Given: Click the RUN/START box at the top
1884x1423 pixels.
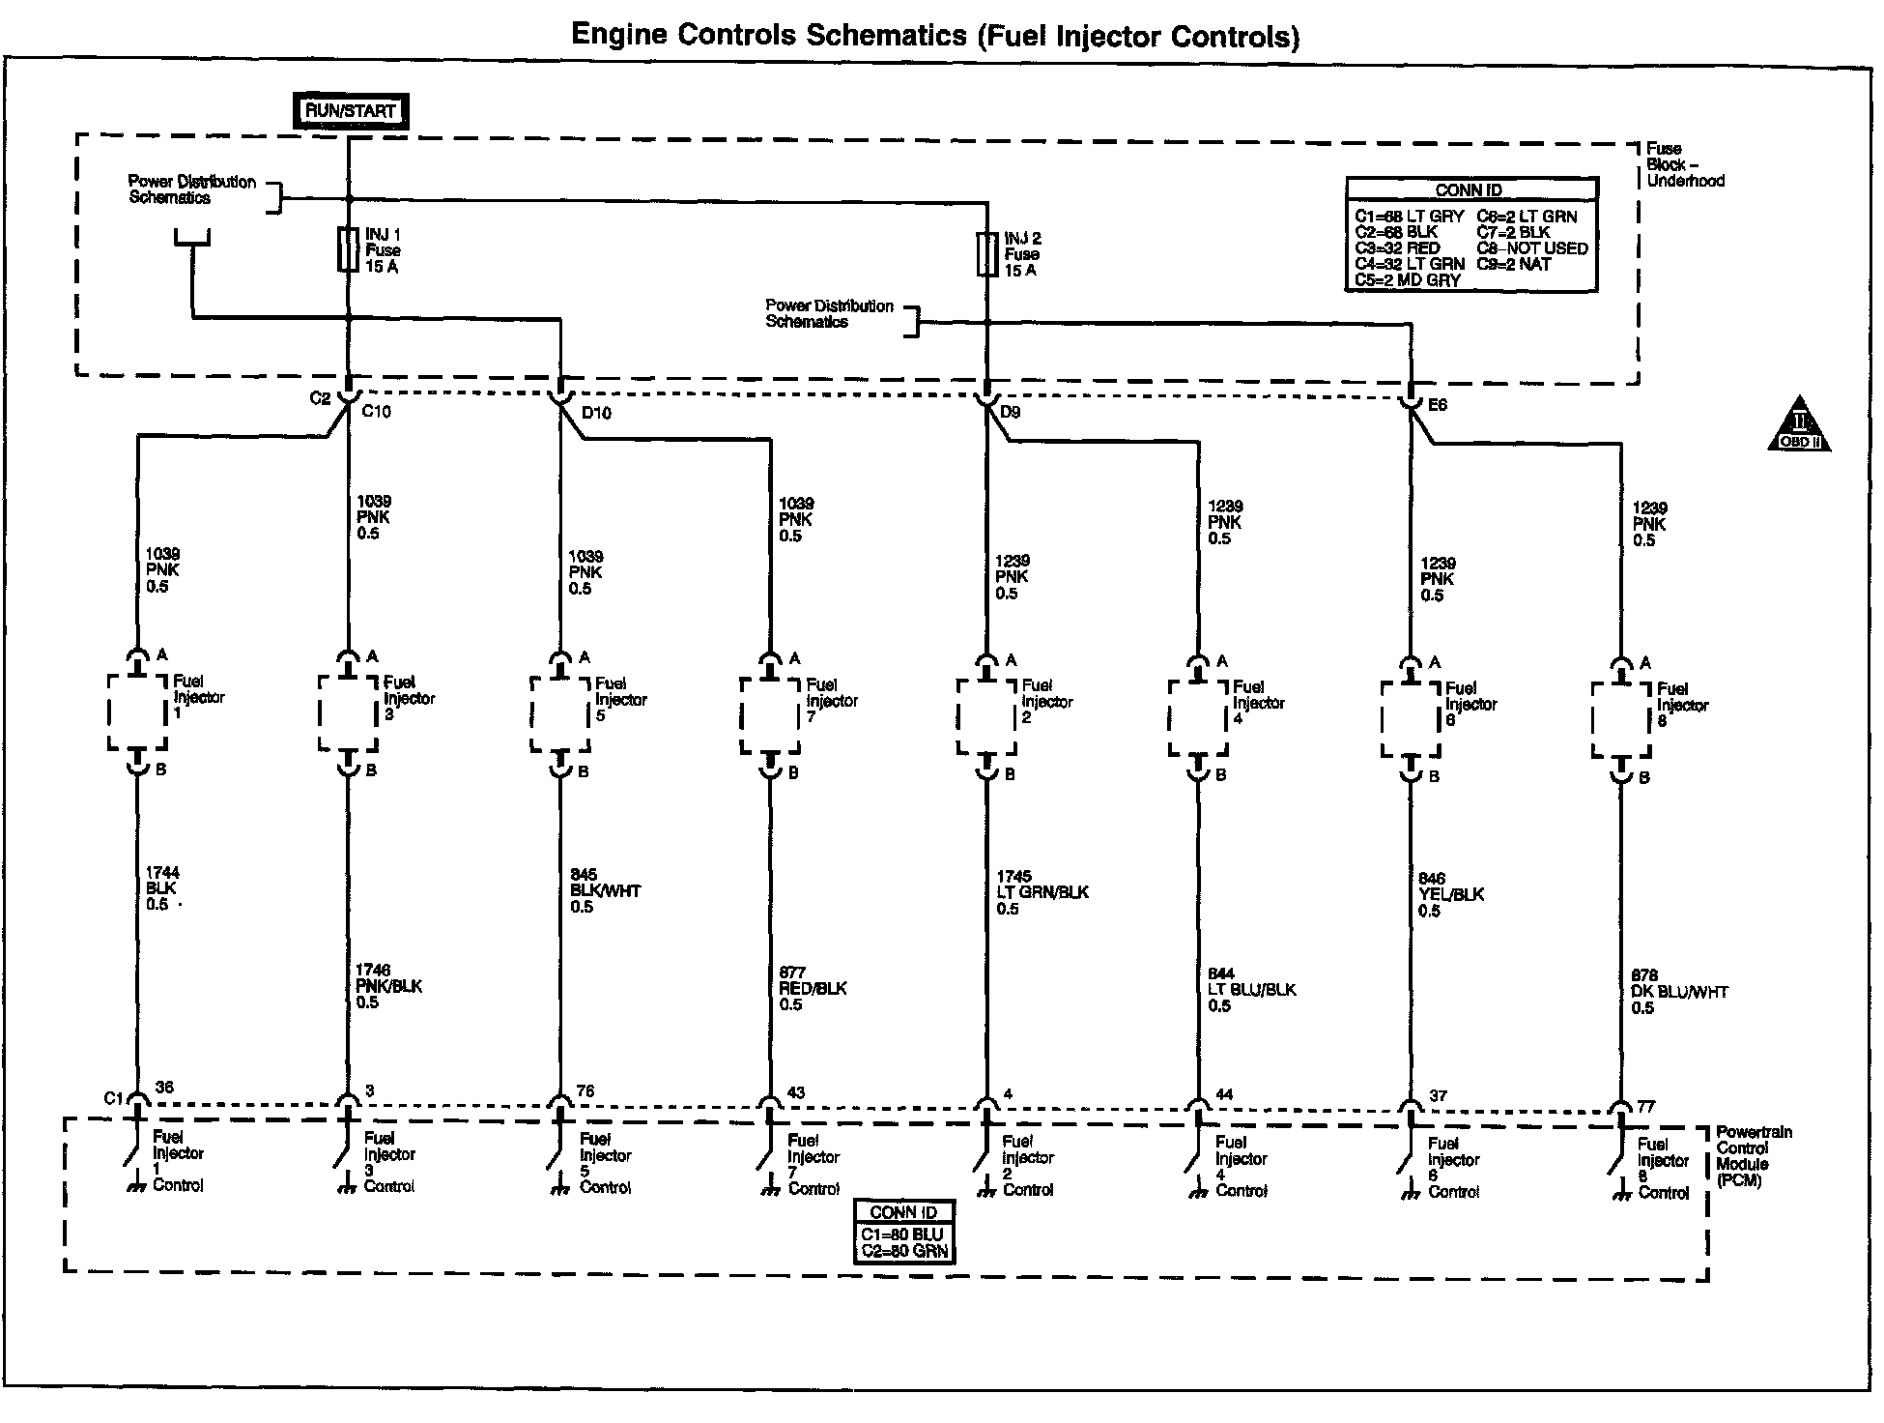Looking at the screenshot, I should [x=350, y=110].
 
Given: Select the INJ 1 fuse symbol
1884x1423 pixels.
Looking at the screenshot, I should [x=350, y=249].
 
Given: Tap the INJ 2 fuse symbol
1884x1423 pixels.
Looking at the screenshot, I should [x=987, y=253].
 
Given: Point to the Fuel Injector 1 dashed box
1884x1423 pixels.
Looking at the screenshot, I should [x=137, y=712].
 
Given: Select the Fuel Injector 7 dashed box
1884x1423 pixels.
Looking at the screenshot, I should [x=770, y=716].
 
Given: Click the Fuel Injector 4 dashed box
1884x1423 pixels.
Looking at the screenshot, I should [x=1198, y=719].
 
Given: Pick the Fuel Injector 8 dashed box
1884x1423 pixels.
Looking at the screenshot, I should [x=1621, y=722].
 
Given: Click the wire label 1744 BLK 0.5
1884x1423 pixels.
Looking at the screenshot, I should [x=162, y=888].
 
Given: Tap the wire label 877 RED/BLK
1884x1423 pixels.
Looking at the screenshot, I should [x=813, y=988].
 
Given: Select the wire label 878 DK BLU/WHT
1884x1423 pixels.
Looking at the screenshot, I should [x=1679, y=991].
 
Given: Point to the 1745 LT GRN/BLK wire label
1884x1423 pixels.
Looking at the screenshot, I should [x=1042, y=891].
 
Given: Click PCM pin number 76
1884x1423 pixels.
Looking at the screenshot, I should [x=585, y=1091].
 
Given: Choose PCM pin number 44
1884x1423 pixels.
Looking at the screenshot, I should [x=1223, y=1094].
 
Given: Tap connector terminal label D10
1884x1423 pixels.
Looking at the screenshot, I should [x=596, y=413].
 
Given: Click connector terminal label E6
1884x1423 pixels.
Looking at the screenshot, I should [x=1437, y=405].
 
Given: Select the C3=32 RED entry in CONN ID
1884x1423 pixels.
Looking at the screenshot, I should [x=1397, y=247].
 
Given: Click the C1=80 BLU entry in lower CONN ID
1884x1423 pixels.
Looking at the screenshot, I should [x=904, y=1234].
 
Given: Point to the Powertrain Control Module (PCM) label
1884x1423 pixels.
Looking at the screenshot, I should [x=1754, y=1156].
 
